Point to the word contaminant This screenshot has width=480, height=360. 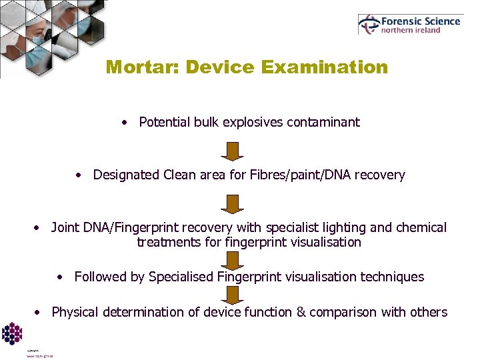(x=327, y=122)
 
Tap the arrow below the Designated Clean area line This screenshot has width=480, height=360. (x=232, y=203)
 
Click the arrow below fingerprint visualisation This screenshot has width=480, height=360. (x=232, y=260)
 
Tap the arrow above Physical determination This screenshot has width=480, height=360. (x=232, y=295)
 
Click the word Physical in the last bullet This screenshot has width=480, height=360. (x=74, y=312)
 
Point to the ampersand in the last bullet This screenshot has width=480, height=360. (x=299, y=312)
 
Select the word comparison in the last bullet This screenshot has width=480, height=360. (x=341, y=312)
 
